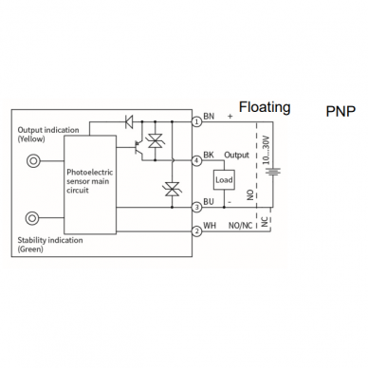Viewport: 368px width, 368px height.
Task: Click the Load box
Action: (x=224, y=180)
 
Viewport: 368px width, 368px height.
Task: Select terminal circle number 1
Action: (x=197, y=121)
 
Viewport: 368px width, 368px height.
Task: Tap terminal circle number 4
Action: (x=197, y=161)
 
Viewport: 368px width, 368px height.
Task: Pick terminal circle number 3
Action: (x=197, y=208)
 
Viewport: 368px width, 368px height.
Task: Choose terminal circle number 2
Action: (x=197, y=231)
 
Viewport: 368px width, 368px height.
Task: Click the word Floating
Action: (x=265, y=107)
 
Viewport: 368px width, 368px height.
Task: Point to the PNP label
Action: (x=340, y=111)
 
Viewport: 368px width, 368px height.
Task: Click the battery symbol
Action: (x=272, y=172)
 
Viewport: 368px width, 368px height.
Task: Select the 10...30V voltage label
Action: (x=267, y=150)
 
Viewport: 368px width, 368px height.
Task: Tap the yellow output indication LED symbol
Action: (x=33, y=161)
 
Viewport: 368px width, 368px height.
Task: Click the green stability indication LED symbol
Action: (x=32, y=218)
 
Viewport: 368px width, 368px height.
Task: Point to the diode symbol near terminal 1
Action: (x=129, y=121)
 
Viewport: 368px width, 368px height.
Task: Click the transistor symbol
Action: (x=138, y=147)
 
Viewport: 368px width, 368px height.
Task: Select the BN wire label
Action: (x=209, y=116)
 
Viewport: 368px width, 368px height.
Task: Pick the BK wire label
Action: (x=209, y=155)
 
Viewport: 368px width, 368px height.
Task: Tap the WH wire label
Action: (x=210, y=226)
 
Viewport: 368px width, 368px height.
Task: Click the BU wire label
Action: (x=209, y=201)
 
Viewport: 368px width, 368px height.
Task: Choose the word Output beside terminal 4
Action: (x=236, y=156)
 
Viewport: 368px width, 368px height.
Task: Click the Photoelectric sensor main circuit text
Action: (x=89, y=181)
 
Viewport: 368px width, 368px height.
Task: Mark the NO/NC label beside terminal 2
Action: (x=240, y=226)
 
